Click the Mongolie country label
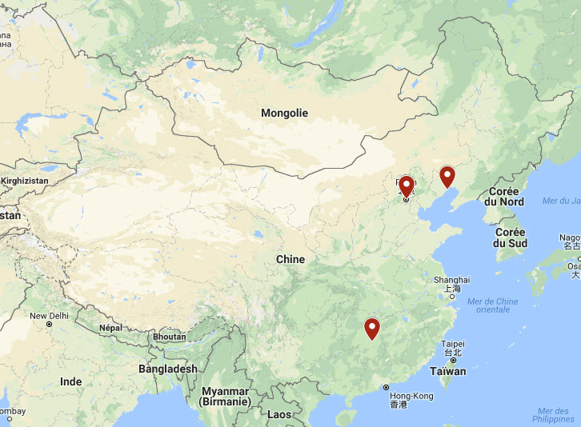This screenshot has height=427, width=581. point(284,114)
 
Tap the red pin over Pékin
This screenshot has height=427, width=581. point(406,186)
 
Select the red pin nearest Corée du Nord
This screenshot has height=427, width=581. point(447,177)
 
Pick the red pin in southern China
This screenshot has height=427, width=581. point(371,329)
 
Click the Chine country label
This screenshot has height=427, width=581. point(290,259)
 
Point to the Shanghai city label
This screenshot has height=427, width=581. point(451,280)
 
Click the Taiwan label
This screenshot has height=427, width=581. point(448,371)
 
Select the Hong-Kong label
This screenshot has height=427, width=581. point(411,396)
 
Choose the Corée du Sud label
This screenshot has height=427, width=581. point(510,237)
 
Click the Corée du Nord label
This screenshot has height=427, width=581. point(503,197)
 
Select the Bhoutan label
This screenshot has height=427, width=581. point(168,337)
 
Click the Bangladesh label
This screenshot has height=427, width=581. point(167,369)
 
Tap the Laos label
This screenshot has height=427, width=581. point(279,414)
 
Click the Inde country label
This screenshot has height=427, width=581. point(71,381)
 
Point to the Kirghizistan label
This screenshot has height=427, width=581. point(24,182)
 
